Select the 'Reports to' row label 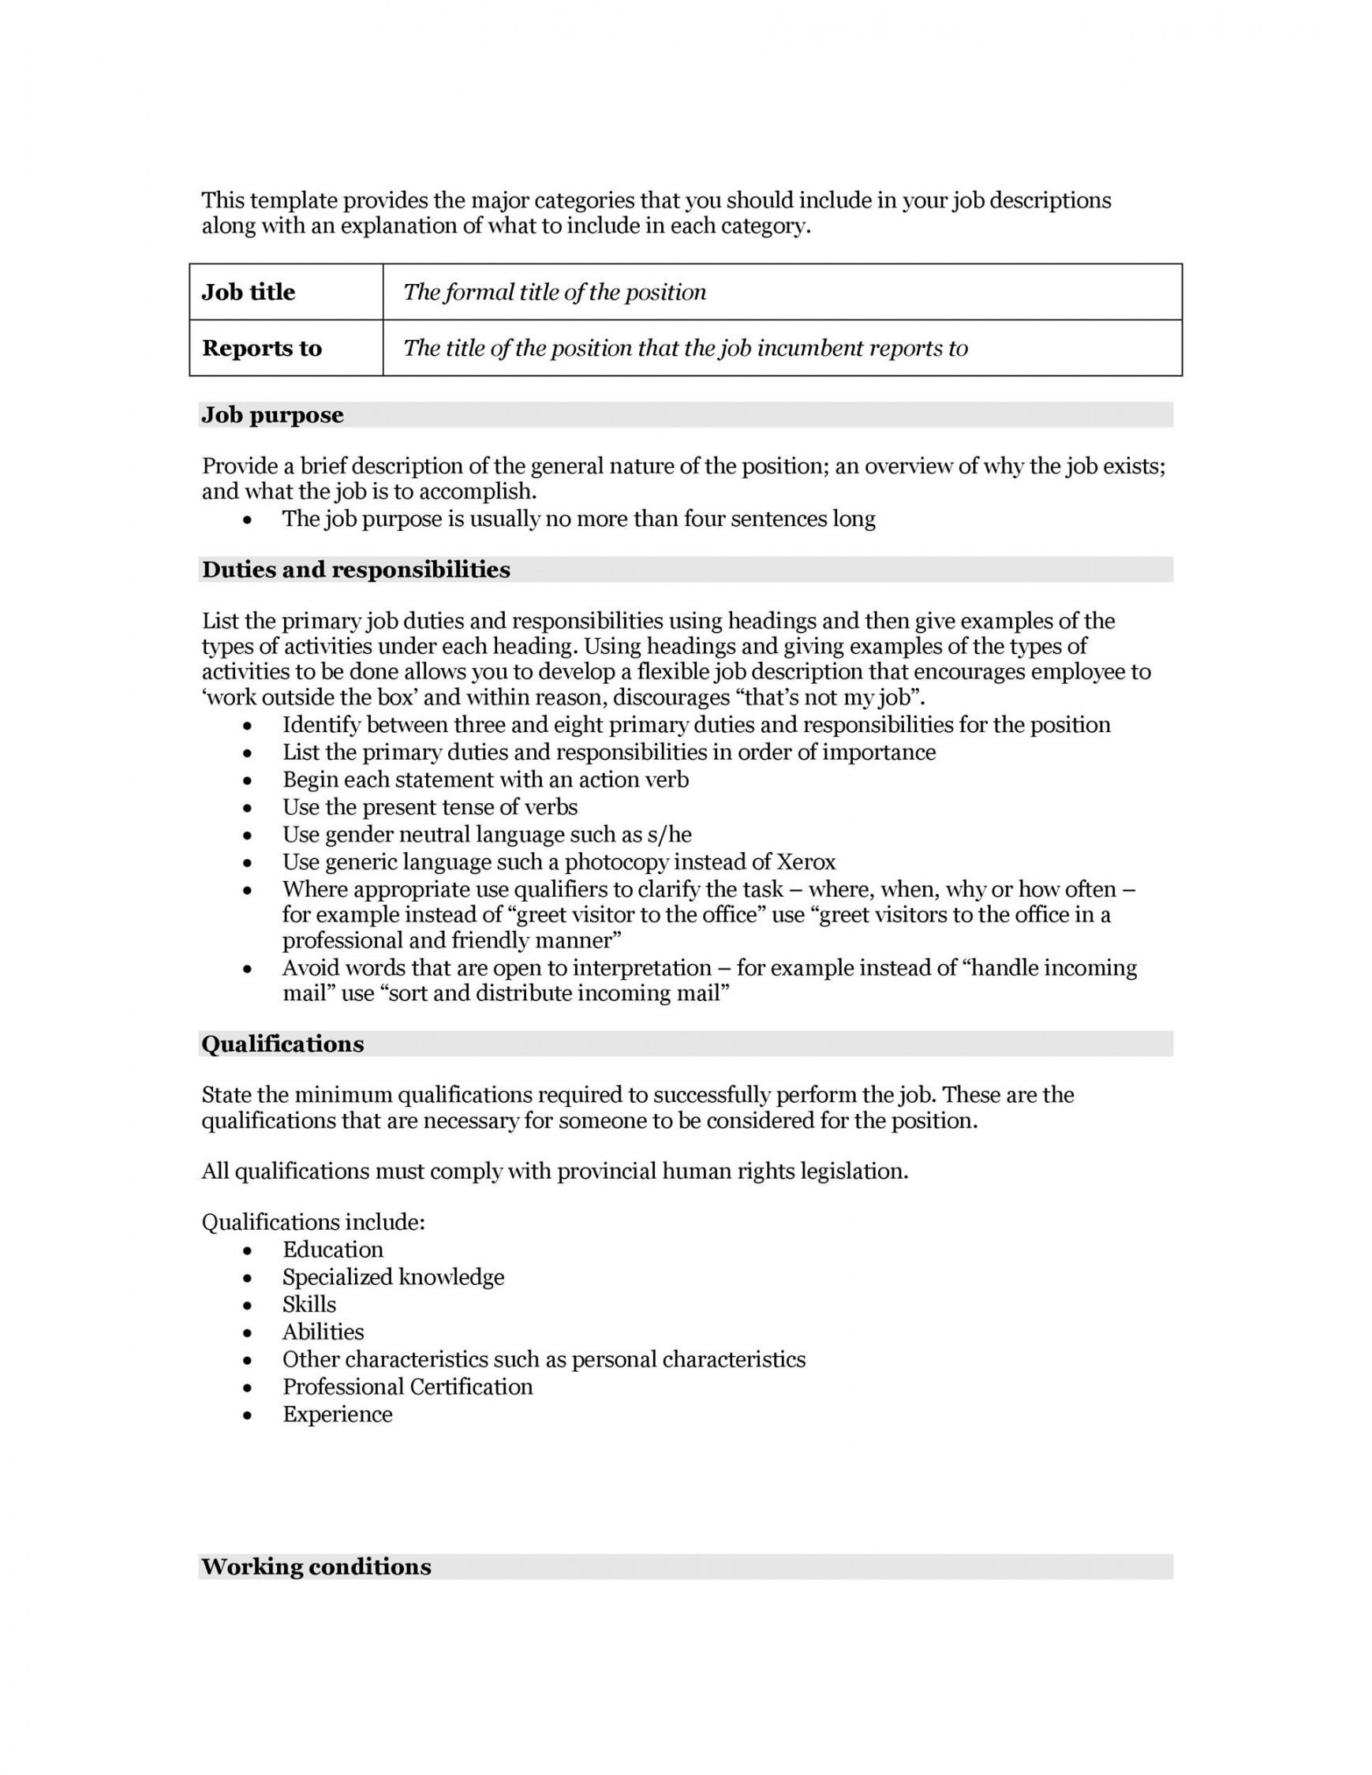(262, 348)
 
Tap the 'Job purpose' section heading (272, 414)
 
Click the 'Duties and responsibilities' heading (356, 570)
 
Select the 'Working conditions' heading (316, 1567)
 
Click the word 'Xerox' (806, 861)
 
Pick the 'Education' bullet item (332, 1249)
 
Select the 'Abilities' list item (323, 1332)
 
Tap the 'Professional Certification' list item (407, 1387)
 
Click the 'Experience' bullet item (338, 1414)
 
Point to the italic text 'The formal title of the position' (555, 292)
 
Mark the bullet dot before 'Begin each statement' (248, 781)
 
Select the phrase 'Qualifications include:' (313, 1221)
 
